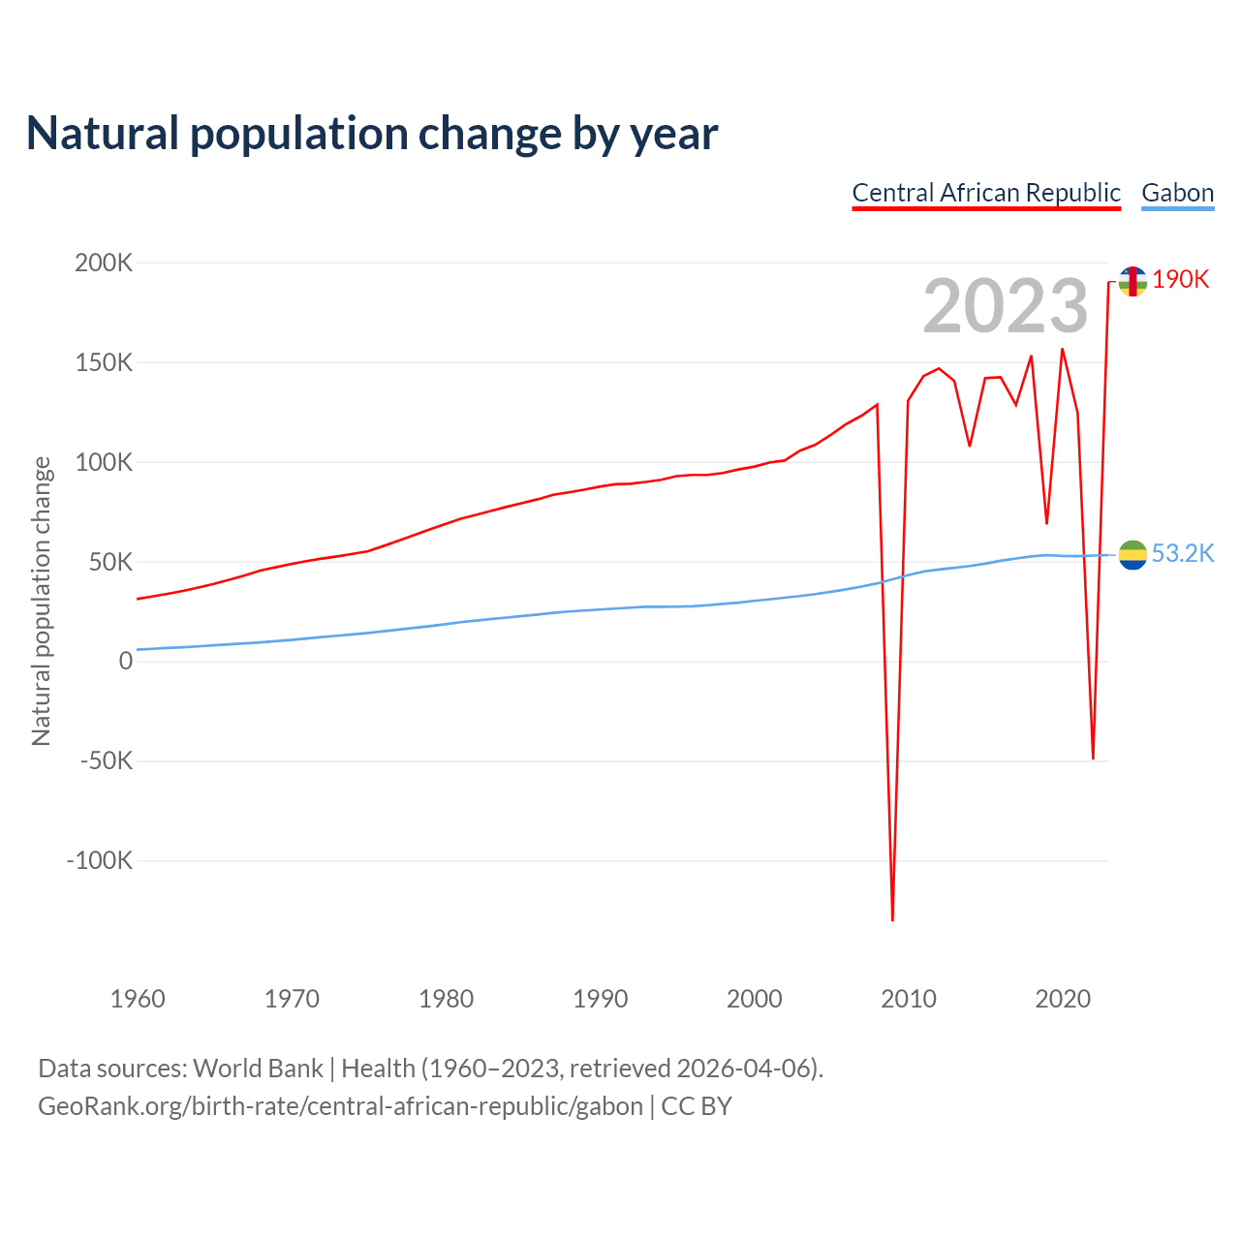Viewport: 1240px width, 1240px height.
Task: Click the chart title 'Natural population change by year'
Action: pyautogui.click(x=372, y=134)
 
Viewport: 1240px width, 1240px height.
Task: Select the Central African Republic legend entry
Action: pyautogui.click(x=986, y=193)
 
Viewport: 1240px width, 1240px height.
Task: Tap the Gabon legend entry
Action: pyautogui.click(x=1177, y=193)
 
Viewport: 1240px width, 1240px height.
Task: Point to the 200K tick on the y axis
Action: pyautogui.click(x=104, y=263)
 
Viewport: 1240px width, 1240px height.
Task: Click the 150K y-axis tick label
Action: pyautogui.click(x=104, y=362)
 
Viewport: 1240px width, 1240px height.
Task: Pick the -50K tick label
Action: pyautogui.click(x=106, y=760)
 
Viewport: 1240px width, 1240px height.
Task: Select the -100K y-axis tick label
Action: pyautogui.click(x=99, y=860)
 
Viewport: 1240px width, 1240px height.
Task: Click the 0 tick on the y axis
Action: pyautogui.click(x=125, y=661)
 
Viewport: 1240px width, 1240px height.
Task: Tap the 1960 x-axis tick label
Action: pyautogui.click(x=138, y=999)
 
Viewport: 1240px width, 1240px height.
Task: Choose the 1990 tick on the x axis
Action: pyautogui.click(x=600, y=999)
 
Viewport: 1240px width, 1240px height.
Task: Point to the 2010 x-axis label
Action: pyautogui.click(x=908, y=999)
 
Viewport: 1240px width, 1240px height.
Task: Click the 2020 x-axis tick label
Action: pyautogui.click(x=1063, y=999)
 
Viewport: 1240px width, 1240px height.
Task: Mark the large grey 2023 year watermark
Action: pyautogui.click(x=1006, y=306)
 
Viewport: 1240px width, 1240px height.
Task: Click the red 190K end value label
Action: pyautogui.click(x=1181, y=279)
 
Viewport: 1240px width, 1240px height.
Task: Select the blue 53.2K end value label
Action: pyautogui.click(x=1183, y=553)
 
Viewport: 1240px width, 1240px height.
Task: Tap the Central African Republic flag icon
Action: pyautogui.click(x=1132, y=281)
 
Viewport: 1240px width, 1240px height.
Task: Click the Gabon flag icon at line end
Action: pyautogui.click(x=1132, y=555)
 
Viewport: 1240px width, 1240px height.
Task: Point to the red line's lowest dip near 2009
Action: pyautogui.click(x=892, y=917)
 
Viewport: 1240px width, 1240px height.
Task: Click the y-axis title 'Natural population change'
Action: pyautogui.click(x=41, y=602)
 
